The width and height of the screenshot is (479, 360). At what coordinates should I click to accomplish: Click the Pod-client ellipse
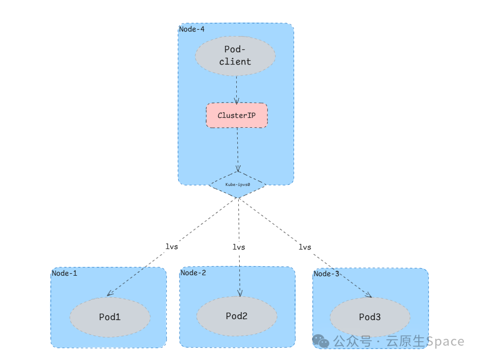click(235, 56)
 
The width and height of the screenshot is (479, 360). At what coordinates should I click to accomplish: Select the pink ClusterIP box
click(237, 115)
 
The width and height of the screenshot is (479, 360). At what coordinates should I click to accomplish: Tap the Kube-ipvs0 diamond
click(238, 184)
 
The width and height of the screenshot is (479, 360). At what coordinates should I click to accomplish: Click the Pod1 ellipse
click(110, 317)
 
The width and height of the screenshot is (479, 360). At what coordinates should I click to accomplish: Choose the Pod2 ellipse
click(237, 316)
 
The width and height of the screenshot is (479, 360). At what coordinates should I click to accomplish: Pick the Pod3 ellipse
click(369, 317)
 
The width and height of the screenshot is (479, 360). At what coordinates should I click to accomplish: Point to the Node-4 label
click(191, 29)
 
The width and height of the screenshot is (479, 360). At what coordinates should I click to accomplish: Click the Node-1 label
click(65, 273)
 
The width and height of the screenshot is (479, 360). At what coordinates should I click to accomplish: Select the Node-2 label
click(193, 273)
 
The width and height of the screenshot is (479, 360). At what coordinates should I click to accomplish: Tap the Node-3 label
click(327, 274)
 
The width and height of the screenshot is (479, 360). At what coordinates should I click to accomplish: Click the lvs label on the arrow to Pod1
click(172, 246)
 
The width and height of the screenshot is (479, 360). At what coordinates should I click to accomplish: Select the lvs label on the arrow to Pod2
click(239, 247)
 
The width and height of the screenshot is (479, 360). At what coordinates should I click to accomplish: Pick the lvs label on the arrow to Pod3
click(305, 247)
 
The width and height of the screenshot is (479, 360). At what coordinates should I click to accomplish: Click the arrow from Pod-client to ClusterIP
click(237, 89)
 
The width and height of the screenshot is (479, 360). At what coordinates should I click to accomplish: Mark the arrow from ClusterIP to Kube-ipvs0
click(238, 148)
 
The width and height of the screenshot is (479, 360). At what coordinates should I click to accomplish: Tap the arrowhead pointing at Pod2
click(240, 293)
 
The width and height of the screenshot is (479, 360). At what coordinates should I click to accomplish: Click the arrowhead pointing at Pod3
click(368, 294)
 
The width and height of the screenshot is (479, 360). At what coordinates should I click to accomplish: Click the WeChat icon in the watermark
click(321, 341)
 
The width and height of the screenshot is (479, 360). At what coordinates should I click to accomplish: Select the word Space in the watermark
click(445, 341)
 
